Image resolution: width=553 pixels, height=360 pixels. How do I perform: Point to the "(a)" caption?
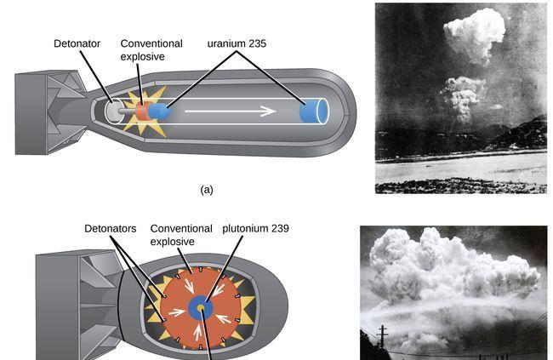tap(207, 190)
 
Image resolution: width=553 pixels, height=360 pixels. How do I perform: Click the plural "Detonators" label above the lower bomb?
tap(112, 229)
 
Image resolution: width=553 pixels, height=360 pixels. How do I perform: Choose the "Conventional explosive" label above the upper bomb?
tap(152, 49)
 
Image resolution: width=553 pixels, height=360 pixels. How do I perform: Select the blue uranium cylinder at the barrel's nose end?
tap(314, 112)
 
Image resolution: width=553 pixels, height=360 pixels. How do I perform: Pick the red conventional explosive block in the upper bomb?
tap(141, 111)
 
